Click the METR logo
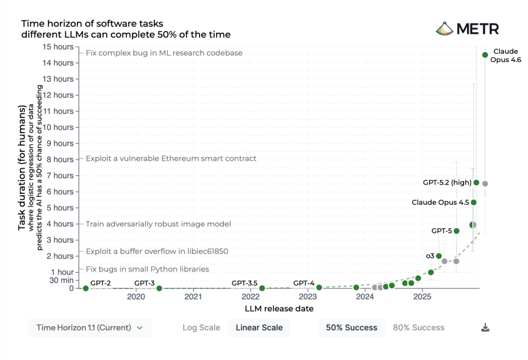point(467,29)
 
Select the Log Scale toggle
point(201,328)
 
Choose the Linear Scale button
point(259,328)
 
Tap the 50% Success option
point(352,328)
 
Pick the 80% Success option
point(418,328)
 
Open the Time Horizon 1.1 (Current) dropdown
point(90,328)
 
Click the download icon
point(485,328)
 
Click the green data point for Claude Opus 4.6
point(485,55)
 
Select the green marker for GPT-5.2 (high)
point(476,183)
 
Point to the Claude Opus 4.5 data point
point(474,202)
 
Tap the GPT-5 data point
point(456,231)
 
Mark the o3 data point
point(439,256)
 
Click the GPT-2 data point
point(86,288)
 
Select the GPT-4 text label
point(304,283)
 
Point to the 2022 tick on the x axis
point(250,297)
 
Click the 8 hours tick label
point(60,159)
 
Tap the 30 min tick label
point(61,280)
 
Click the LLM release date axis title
point(279,308)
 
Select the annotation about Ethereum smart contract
point(171,159)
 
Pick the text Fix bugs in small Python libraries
point(147,269)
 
